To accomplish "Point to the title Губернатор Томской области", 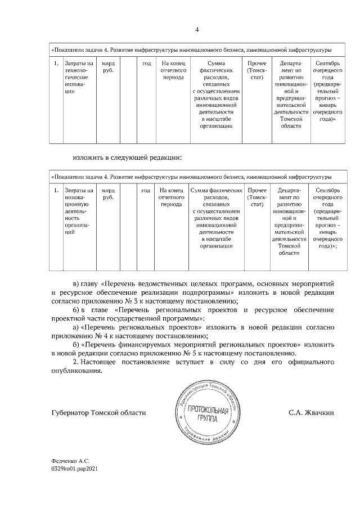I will pyautogui.click(x=98, y=413).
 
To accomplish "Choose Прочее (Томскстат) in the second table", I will pyautogui.click(x=256, y=198).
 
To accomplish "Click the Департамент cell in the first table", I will pyautogui.click(x=290, y=93).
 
